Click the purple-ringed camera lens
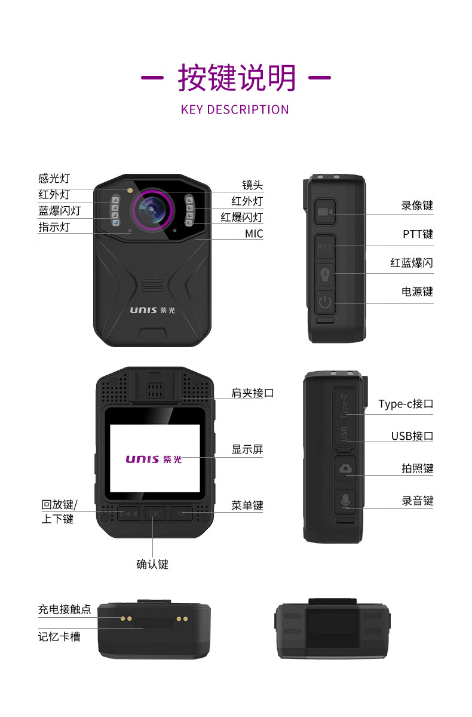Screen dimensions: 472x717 point(152,210)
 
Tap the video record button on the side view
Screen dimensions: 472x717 point(325,212)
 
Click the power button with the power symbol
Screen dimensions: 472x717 point(325,302)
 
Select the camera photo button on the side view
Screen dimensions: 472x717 point(345,468)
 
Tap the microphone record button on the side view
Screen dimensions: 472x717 point(345,501)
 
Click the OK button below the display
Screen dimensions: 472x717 point(155,514)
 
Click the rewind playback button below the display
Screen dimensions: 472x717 point(128,514)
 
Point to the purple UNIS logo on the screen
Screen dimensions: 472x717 point(154,459)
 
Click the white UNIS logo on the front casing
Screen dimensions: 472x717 point(152,310)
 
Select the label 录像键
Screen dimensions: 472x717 point(417,206)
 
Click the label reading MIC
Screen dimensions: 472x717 point(254,234)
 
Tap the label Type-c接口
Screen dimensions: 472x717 point(406,404)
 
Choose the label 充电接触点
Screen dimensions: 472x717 point(65,609)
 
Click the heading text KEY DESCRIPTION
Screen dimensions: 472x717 point(235,109)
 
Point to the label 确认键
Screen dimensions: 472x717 point(152,564)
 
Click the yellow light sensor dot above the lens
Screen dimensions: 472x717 point(130,191)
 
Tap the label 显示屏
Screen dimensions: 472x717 point(247,449)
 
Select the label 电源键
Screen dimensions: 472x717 point(417,292)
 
